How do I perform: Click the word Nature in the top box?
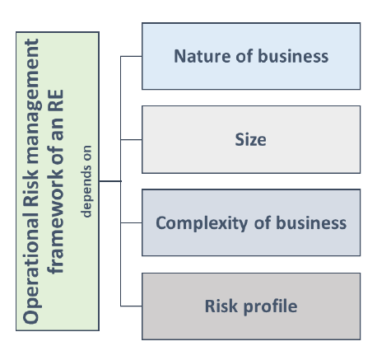point(202,56)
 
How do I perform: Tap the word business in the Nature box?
point(293,56)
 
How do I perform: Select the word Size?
point(250,139)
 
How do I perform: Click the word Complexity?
point(202,223)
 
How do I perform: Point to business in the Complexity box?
point(311,222)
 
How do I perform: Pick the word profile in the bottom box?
point(270,306)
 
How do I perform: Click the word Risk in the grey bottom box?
point(221,306)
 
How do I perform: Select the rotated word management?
point(33,101)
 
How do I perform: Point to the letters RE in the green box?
point(55,101)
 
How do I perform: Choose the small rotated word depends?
point(86,191)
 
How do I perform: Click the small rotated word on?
point(86,153)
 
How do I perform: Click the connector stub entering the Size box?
point(131,139)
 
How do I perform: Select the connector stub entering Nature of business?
point(131,56)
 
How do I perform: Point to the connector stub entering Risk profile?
point(131,306)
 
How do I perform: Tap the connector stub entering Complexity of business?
point(131,222)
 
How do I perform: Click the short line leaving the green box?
point(109,181)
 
